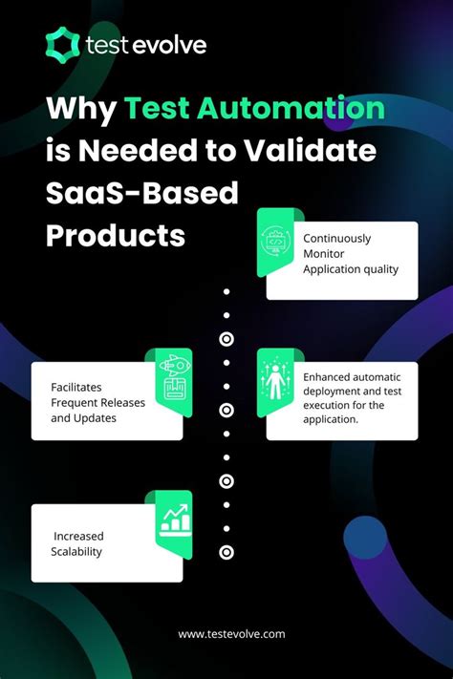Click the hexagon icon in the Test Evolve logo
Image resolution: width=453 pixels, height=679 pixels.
click(62, 44)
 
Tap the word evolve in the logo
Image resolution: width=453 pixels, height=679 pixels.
click(169, 45)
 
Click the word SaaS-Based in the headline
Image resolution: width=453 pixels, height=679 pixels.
click(140, 193)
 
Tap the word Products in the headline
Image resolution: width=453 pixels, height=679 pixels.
click(116, 235)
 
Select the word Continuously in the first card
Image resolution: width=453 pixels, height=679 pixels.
click(337, 239)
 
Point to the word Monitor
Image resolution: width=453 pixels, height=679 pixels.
click(325, 254)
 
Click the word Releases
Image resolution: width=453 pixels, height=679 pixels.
click(121, 402)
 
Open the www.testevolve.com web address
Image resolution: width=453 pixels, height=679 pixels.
click(231, 634)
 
